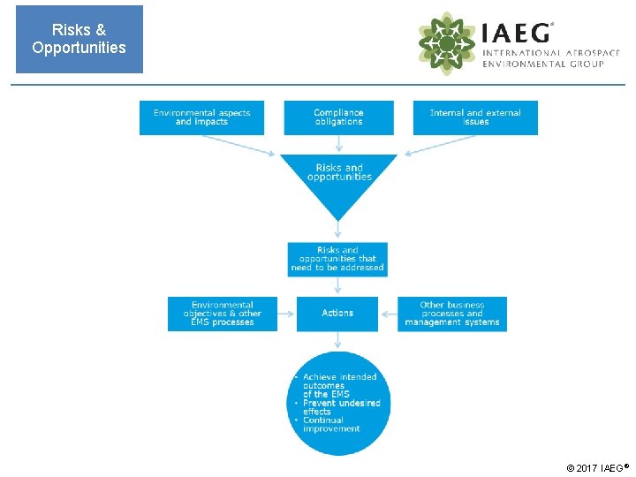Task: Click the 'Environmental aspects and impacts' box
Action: click(x=201, y=117)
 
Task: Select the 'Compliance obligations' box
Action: click(x=338, y=117)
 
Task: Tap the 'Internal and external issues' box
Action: click(x=475, y=117)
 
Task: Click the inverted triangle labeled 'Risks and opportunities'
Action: click(x=338, y=177)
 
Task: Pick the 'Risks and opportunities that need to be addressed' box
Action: click(x=337, y=259)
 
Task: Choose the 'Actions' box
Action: click(x=337, y=314)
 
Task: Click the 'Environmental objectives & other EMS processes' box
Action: click(x=222, y=314)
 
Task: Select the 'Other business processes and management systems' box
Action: click(x=451, y=314)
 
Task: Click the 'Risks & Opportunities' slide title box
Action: click(x=79, y=40)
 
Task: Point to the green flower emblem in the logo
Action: click(x=447, y=43)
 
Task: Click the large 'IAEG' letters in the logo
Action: click(x=517, y=33)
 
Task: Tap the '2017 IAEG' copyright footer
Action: click(x=598, y=467)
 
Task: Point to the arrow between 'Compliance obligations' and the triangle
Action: click(x=338, y=144)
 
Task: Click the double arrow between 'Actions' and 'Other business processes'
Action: click(x=387, y=314)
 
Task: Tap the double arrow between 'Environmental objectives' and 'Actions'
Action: click(x=287, y=314)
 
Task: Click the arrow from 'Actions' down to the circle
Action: click(x=337, y=341)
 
